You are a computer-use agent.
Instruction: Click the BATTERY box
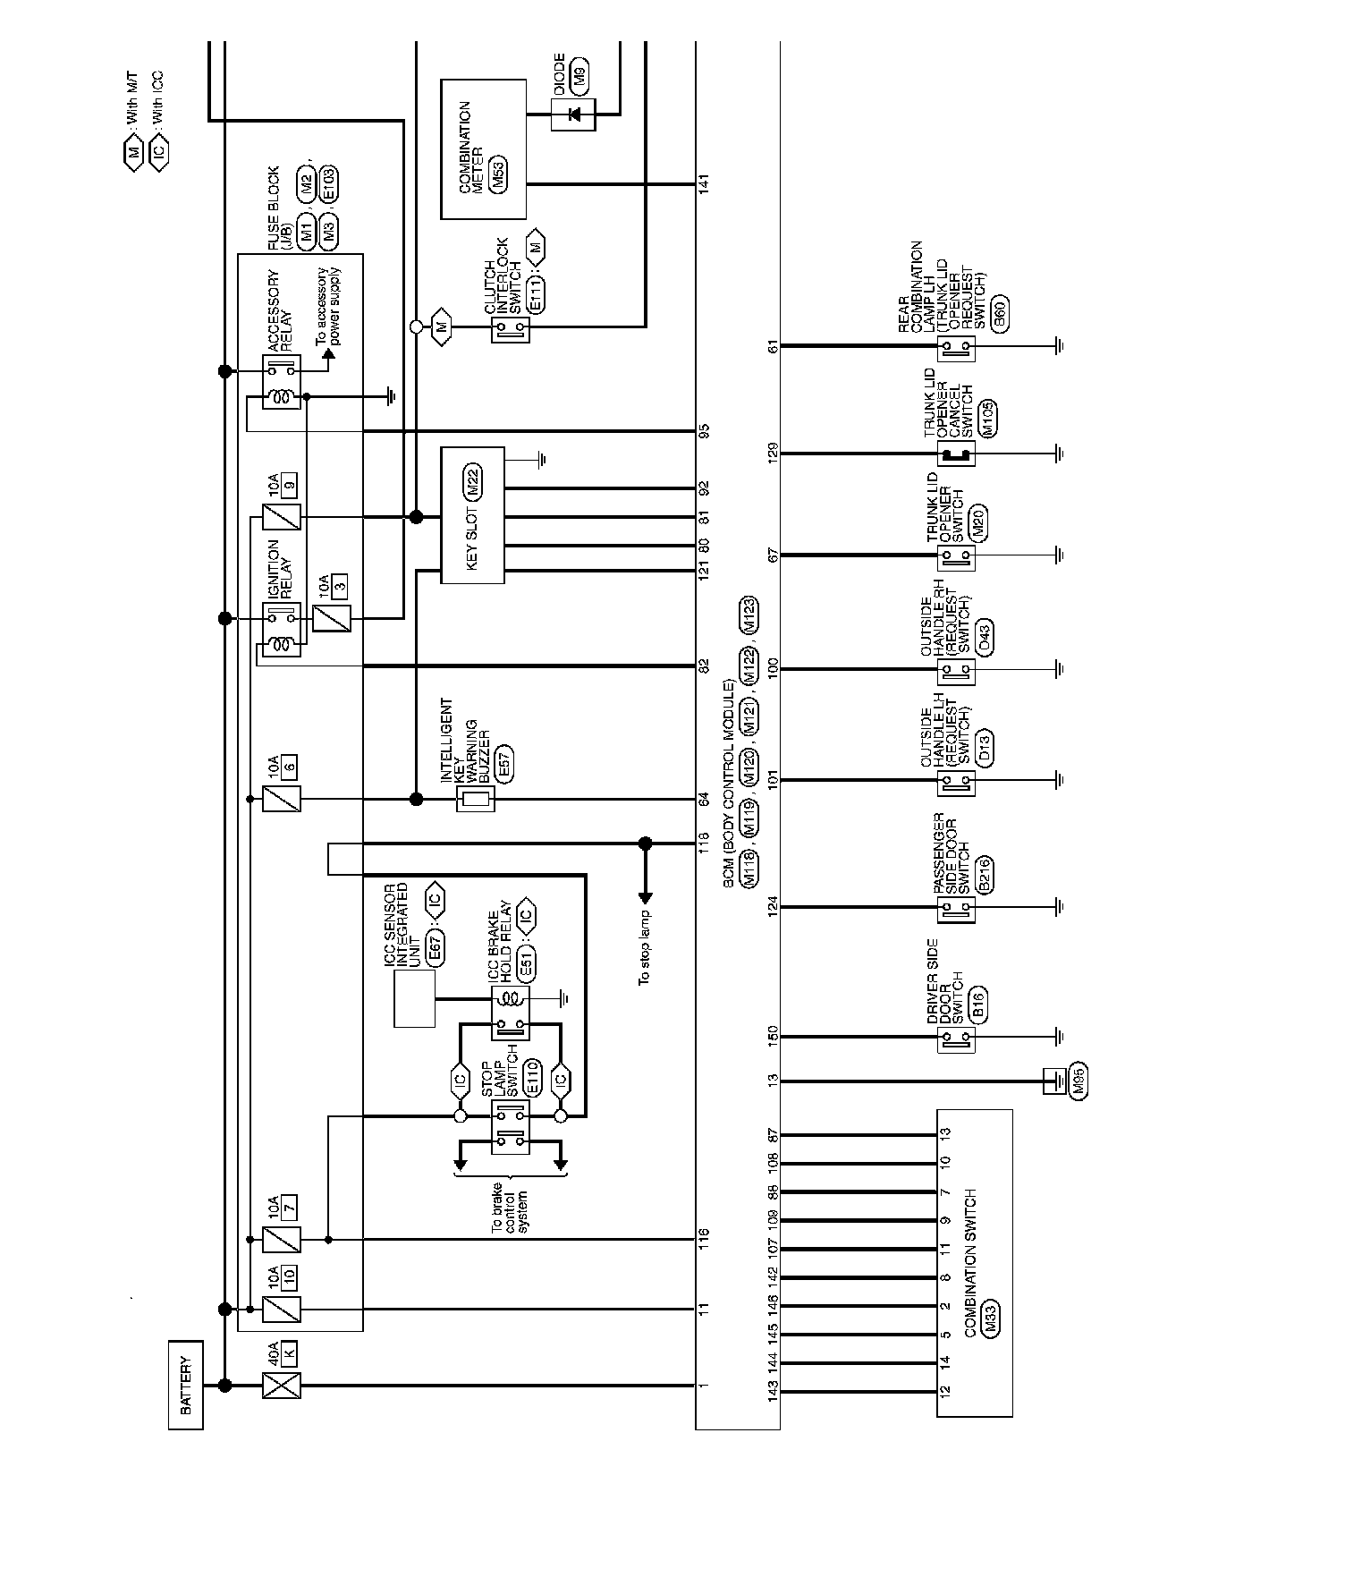[x=185, y=1385]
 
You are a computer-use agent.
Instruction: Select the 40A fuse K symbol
[x=281, y=1385]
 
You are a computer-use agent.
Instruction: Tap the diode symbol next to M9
[x=573, y=114]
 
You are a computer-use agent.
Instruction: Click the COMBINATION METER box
[x=483, y=148]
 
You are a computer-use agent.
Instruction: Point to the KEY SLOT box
[x=473, y=515]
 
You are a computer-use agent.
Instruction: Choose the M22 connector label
[x=473, y=482]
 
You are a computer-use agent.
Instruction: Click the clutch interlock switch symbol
[x=511, y=330]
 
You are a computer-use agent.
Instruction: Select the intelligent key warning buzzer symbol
[x=475, y=800]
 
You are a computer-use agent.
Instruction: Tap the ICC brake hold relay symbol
[x=511, y=1013]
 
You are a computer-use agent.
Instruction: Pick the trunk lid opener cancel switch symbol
[x=956, y=454]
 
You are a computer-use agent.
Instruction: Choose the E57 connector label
[x=503, y=767]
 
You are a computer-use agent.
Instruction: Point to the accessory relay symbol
[x=283, y=382]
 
